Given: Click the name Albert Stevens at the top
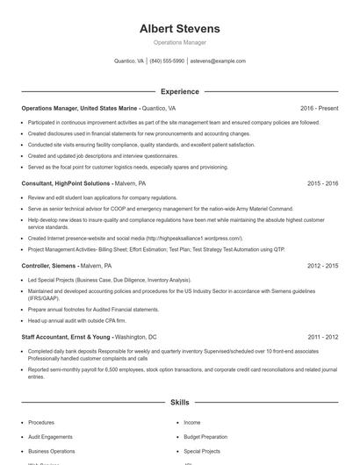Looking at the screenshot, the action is point(179,29).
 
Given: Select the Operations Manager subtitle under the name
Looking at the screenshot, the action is point(179,42).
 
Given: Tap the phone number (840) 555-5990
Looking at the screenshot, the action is point(167,61).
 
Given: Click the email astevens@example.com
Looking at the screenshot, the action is point(218,61).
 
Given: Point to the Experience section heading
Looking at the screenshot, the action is point(179,91).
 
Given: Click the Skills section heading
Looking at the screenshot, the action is point(179,402).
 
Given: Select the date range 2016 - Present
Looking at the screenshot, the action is point(319,108).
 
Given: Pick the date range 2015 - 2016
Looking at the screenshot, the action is point(322,183).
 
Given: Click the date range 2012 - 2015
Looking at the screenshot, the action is point(322,265).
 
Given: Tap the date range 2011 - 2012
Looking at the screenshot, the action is point(322,337).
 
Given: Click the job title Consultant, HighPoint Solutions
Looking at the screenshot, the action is point(66,183).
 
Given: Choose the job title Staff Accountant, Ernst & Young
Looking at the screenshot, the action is point(67,337).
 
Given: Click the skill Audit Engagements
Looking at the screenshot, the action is point(50,436).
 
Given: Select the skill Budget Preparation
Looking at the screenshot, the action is point(205,436).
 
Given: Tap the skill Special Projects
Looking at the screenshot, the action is point(202,451).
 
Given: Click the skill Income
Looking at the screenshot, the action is point(191,422).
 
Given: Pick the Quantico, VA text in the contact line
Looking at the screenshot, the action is point(129,61).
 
